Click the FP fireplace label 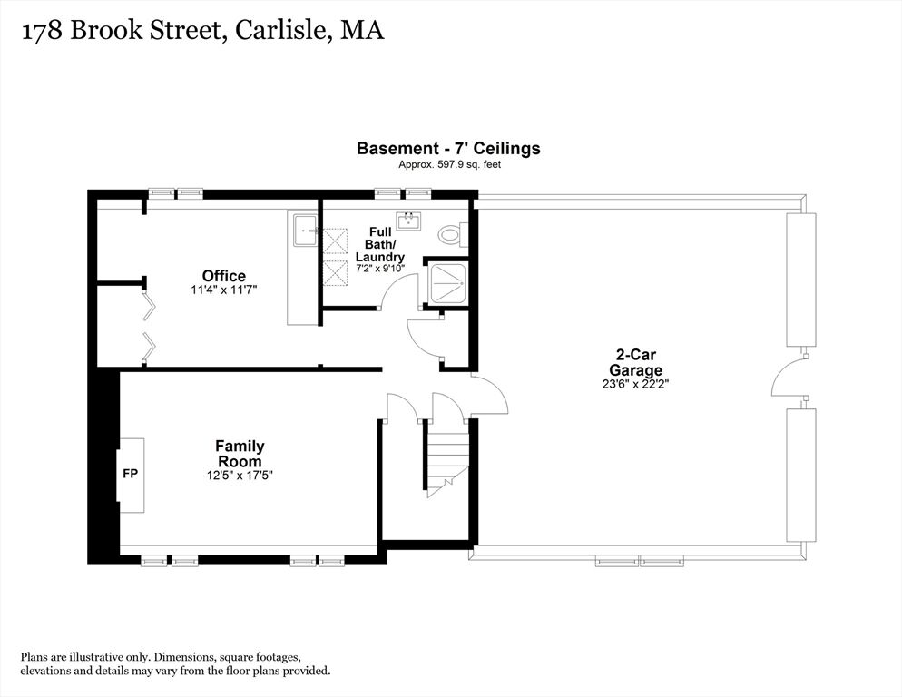pos(131,474)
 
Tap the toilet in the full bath pos(453,235)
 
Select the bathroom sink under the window pos(409,221)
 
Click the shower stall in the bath pos(446,283)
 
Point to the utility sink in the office pos(306,231)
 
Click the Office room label pos(224,276)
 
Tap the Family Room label pos(240,454)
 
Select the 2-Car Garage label pos(635,363)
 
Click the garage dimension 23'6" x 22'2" pos(635,384)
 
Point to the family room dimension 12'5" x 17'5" pos(240,476)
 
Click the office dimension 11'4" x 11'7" pos(224,290)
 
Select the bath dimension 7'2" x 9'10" pos(380,269)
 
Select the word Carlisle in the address pos(280,30)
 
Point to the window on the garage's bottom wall pos(640,561)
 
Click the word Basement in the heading pos(397,149)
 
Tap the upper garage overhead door pos(801,280)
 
